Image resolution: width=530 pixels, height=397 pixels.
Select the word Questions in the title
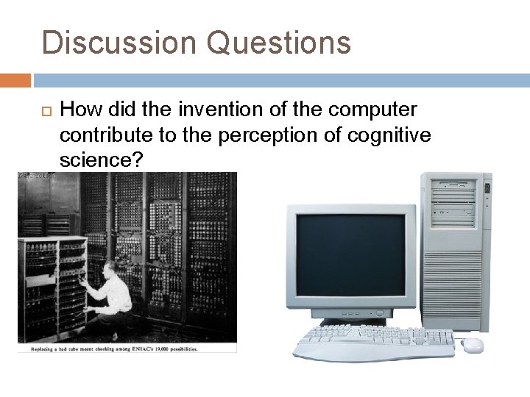coord(279,42)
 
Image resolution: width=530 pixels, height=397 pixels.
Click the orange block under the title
coord(15,79)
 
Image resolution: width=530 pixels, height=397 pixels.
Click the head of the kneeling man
coord(110,269)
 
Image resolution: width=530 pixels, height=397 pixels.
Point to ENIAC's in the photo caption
coord(149,348)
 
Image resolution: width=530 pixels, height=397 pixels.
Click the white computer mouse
coord(471,344)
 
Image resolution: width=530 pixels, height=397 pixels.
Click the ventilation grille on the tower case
coord(453,279)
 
